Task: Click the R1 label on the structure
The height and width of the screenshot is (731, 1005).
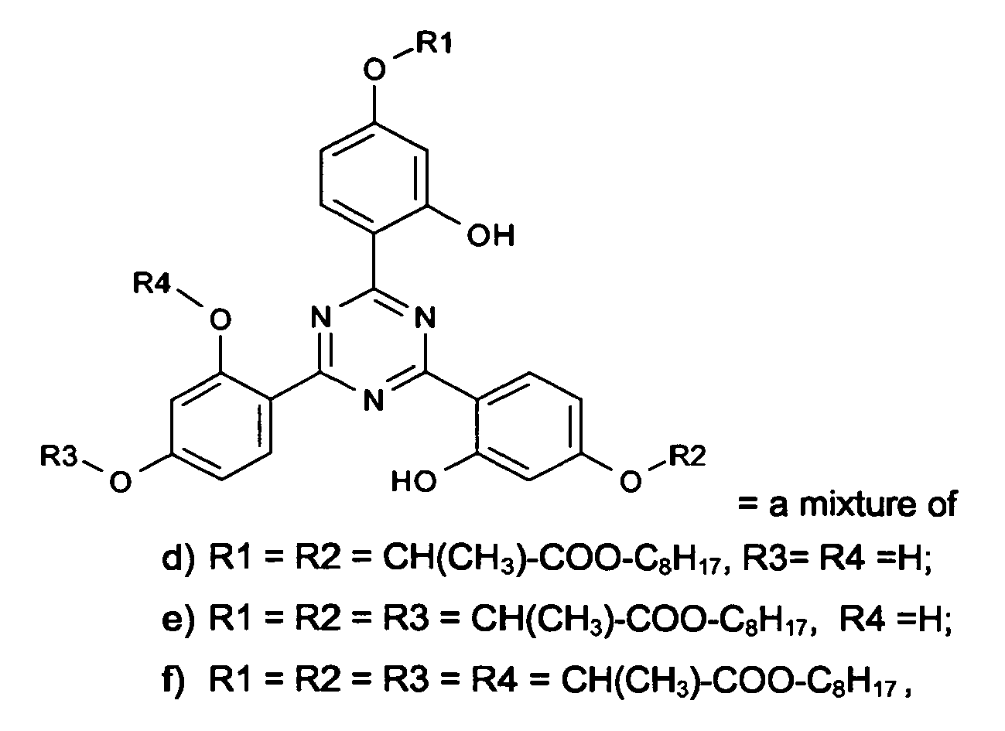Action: click(434, 44)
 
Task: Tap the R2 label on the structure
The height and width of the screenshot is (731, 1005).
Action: click(687, 456)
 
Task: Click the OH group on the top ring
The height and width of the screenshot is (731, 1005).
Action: click(491, 235)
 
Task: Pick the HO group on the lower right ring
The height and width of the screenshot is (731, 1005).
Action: click(414, 482)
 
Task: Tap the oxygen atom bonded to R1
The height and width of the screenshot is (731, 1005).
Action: click(374, 70)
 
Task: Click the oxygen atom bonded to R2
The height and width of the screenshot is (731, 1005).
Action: click(631, 482)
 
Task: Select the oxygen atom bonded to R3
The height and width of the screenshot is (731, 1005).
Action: click(120, 482)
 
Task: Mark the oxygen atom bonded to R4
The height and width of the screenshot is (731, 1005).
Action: click(220, 319)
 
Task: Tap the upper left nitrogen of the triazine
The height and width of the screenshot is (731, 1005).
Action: click(321, 316)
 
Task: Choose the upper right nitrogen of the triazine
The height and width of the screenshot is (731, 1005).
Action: click(425, 316)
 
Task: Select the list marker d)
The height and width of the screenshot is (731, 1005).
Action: click(178, 559)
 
